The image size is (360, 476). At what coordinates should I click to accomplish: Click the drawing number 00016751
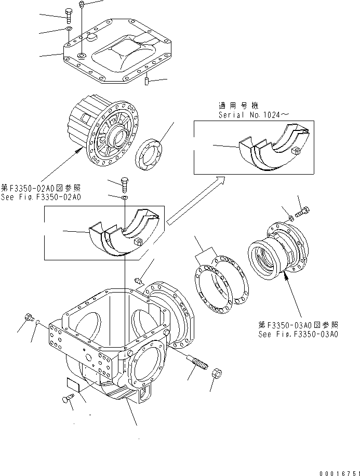(x=333, y=471)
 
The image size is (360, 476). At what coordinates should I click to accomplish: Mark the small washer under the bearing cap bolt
(x=124, y=197)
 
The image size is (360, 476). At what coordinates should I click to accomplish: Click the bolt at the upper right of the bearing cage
(x=304, y=213)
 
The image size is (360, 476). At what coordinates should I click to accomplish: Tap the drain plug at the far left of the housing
(x=29, y=316)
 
